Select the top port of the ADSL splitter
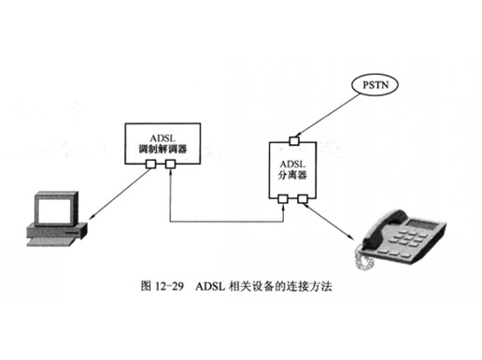294,141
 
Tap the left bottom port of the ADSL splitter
283,199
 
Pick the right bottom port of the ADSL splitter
303,199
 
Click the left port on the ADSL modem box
150,164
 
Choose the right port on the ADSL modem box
170,164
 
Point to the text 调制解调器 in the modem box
163,150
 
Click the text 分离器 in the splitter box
292,175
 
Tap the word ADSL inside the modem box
163,138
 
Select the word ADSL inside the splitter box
292,164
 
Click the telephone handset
385,227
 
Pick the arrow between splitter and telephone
329,222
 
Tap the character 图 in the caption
146,286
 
